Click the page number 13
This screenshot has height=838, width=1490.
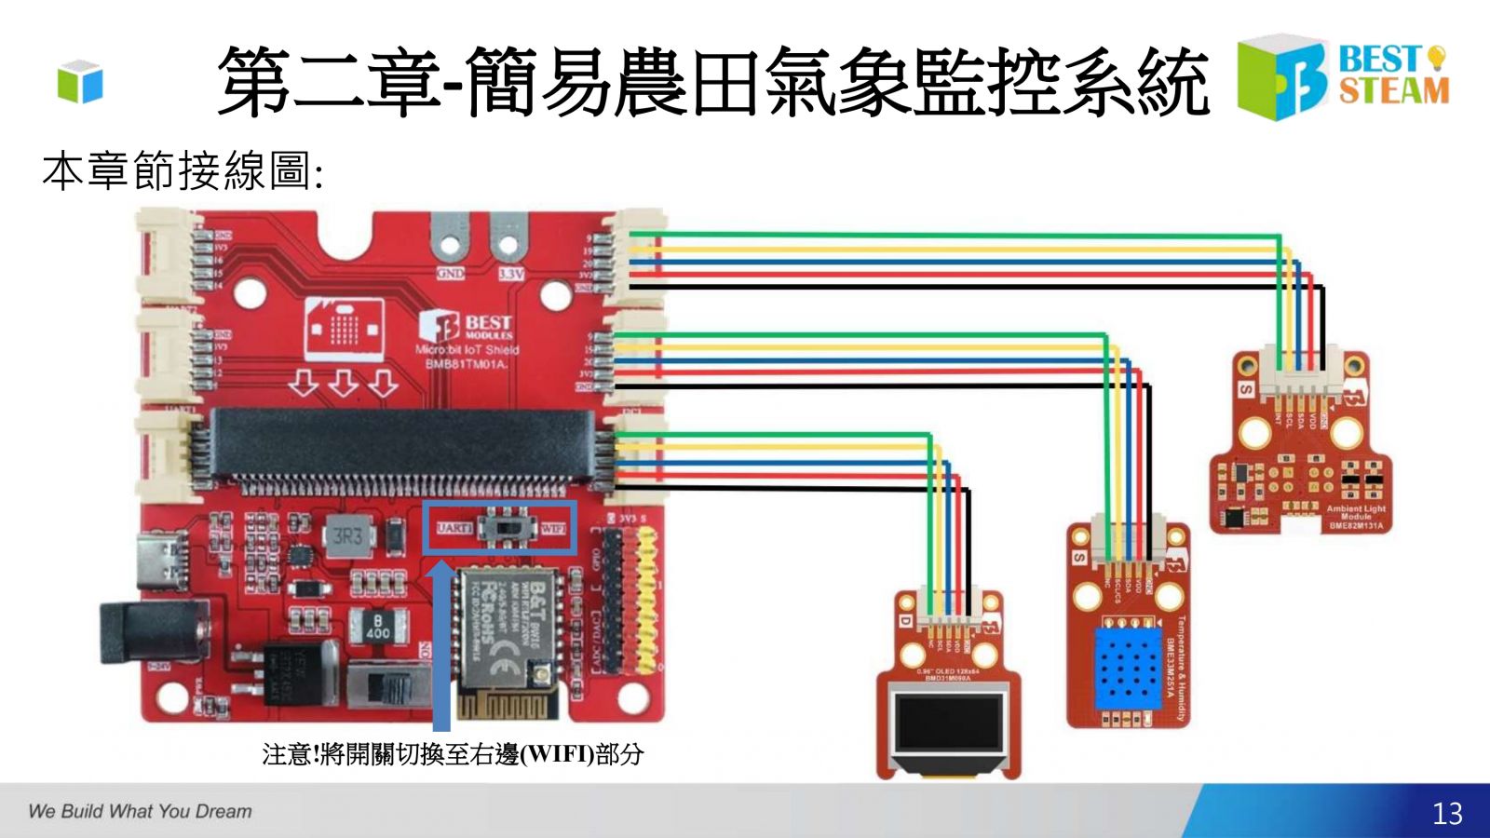[1447, 814]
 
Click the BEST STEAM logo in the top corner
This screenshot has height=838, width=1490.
[1343, 76]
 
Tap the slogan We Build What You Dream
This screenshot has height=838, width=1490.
[140, 811]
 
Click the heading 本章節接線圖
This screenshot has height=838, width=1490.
[183, 171]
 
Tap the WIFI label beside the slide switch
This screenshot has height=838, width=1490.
[554, 529]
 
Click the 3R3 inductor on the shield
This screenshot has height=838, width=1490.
[347, 536]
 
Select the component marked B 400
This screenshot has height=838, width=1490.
[377, 627]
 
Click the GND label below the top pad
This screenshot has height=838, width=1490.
[451, 274]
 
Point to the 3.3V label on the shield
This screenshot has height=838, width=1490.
[510, 274]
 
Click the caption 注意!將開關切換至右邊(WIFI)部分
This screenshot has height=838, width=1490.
[453, 754]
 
